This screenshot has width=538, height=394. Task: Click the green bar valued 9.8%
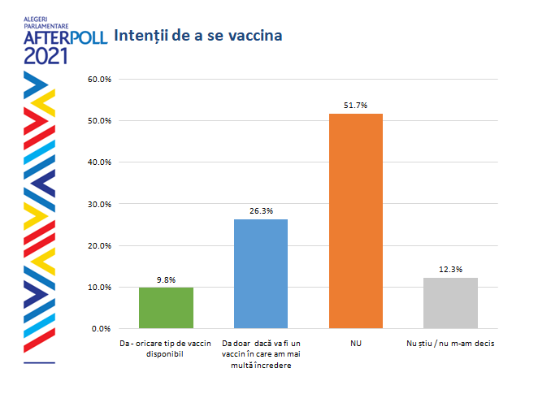[x=166, y=308]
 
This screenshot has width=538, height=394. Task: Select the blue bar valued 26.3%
[x=261, y=274]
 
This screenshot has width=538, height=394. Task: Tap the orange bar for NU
[x=355, y=221]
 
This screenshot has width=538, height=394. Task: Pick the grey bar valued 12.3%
[x=450, y=303]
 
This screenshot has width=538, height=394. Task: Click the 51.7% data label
[x=356, y=106]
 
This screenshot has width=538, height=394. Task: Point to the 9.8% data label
[x=166, y=279]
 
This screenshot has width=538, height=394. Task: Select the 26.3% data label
[x=261, y=211]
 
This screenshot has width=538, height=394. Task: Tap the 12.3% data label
[x=450, y=270]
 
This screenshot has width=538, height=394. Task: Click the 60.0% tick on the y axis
[x=98, y=80]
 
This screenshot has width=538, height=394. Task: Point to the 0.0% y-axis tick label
[x=101, y=329]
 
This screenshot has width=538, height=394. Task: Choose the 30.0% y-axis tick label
[x=98, y=204]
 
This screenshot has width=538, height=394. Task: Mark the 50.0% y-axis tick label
[x=98, y=121]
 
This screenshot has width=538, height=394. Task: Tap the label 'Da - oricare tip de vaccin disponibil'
[x=166, y=349]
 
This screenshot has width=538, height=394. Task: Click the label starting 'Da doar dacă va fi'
[x=261, y=354]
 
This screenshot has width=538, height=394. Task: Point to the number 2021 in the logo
[x=46, y=56]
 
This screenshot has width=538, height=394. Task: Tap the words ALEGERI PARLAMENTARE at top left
[x=46, y=21]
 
